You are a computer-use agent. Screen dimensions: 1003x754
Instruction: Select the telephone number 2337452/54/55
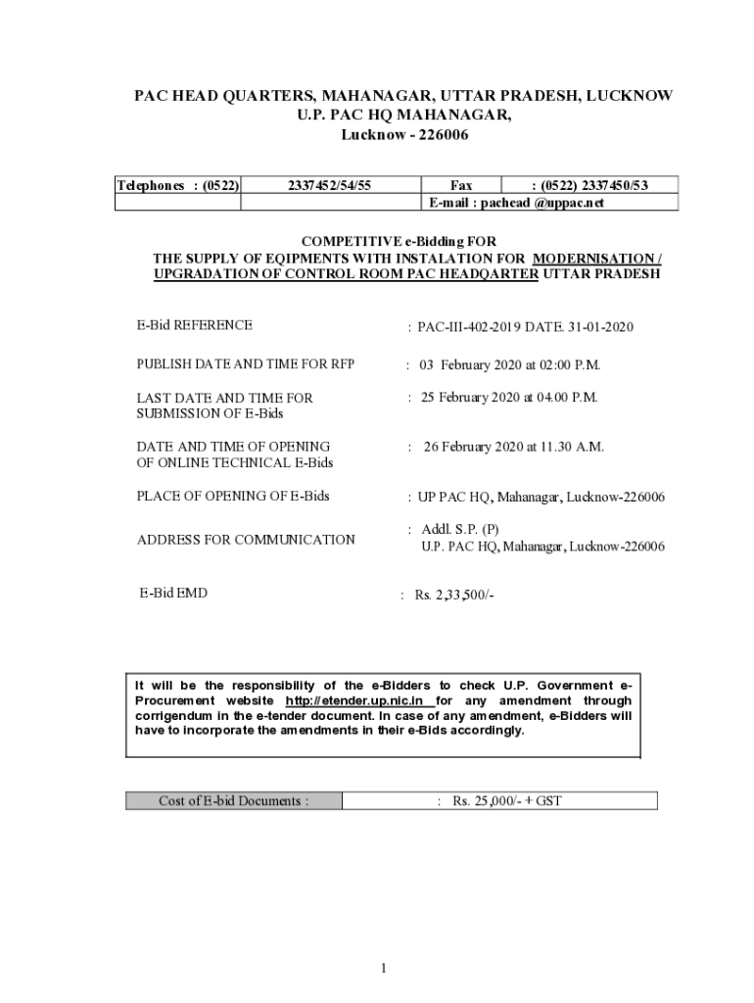(330, 185)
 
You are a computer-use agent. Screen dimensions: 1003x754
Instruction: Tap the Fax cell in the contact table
(460, 185)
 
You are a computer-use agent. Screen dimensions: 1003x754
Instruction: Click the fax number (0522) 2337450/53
(589, 185)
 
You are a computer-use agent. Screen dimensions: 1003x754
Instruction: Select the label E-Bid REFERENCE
(194, 325)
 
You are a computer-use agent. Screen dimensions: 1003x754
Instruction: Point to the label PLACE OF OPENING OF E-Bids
(233, 496)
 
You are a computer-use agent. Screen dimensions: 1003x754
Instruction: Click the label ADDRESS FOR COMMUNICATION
(246, 540)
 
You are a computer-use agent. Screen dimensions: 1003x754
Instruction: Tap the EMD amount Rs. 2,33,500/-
(454, 595)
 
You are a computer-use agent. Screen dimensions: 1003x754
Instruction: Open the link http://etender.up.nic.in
(353, 702)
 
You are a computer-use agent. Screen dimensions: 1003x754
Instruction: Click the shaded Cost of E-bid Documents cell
(233, 801)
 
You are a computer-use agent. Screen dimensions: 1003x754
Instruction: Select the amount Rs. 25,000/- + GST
(506, 801)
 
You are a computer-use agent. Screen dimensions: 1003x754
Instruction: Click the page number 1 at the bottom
(385, 969)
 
